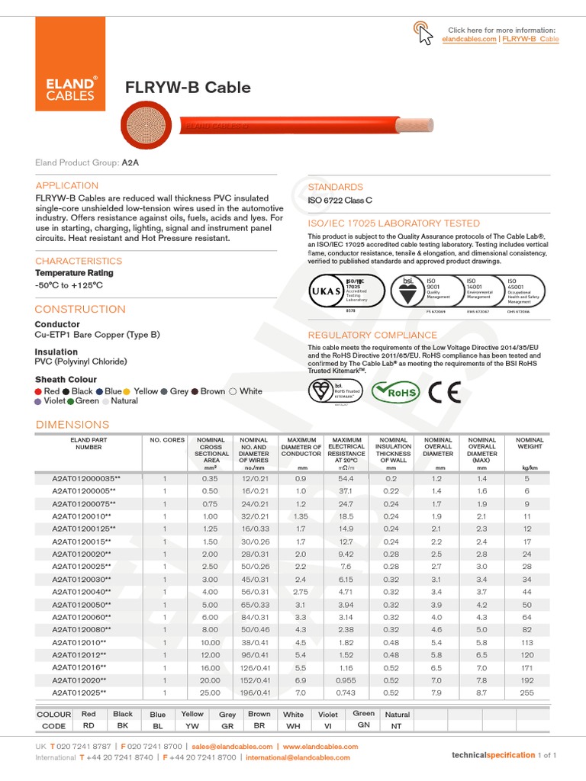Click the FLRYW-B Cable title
(188, 88)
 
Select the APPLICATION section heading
(67, 185)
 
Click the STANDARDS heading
(335, 187)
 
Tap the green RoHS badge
(395, 392)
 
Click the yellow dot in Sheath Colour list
(127, 391)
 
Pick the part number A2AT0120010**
(82, 516)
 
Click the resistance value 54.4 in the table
(346, 479)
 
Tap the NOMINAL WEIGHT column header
(530, 444)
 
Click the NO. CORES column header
(166, 440)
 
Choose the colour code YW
(192, 727)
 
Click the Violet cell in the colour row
(327, 715)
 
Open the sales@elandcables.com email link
(232, 747)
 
